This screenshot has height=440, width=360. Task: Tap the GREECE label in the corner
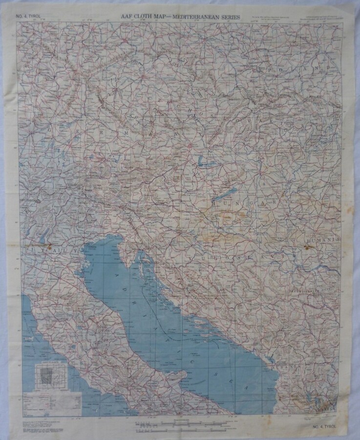tap(323, 405)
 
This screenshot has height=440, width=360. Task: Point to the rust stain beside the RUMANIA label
tap(307, 247)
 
